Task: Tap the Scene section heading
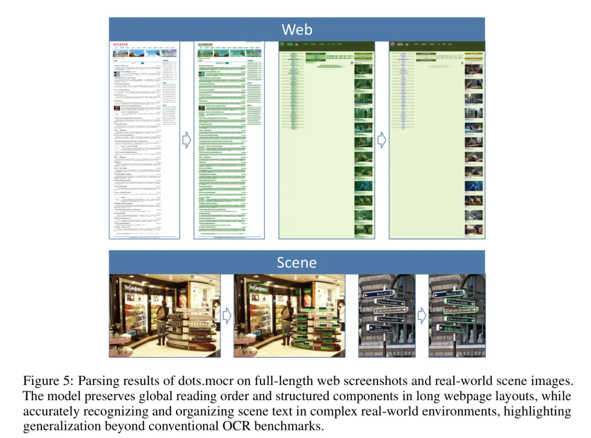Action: pyautogui.click(x=297, y=262)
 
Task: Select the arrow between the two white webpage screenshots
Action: pyautogui.click(x=186, y=140)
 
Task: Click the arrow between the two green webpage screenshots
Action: pyautogui.click(x=382, y=140)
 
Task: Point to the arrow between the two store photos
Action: pyautogui.click(x=227, y=315)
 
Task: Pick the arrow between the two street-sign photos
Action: pyautogui.click(x=421, y=315)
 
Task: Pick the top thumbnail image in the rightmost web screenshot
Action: pyautogui.click(x=474, y=69)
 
